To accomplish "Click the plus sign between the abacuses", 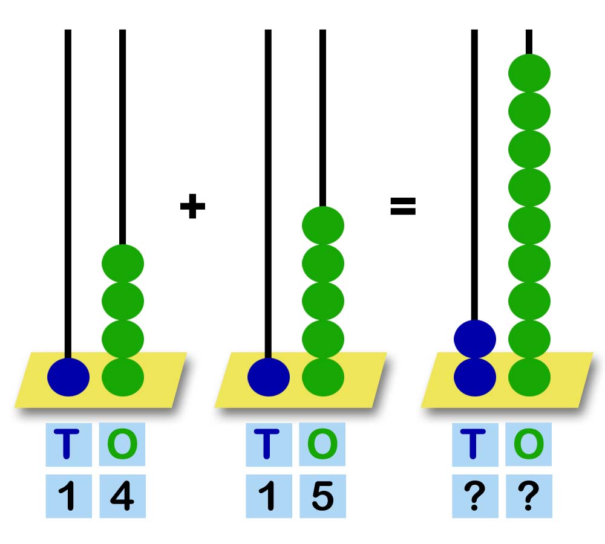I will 192,207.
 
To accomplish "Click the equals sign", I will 402,207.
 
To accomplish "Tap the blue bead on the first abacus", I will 68,377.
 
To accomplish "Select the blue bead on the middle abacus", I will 269,377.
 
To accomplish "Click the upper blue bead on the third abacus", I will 475,338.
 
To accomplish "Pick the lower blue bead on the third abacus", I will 475,377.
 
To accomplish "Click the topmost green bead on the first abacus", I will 123,264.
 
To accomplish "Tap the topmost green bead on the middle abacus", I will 323,225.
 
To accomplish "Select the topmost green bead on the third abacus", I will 529,73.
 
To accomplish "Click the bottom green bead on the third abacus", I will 529,377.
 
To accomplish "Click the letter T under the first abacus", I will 68,444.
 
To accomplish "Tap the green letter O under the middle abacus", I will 322,444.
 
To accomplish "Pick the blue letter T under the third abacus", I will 475,444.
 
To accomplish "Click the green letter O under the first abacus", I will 122,444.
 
